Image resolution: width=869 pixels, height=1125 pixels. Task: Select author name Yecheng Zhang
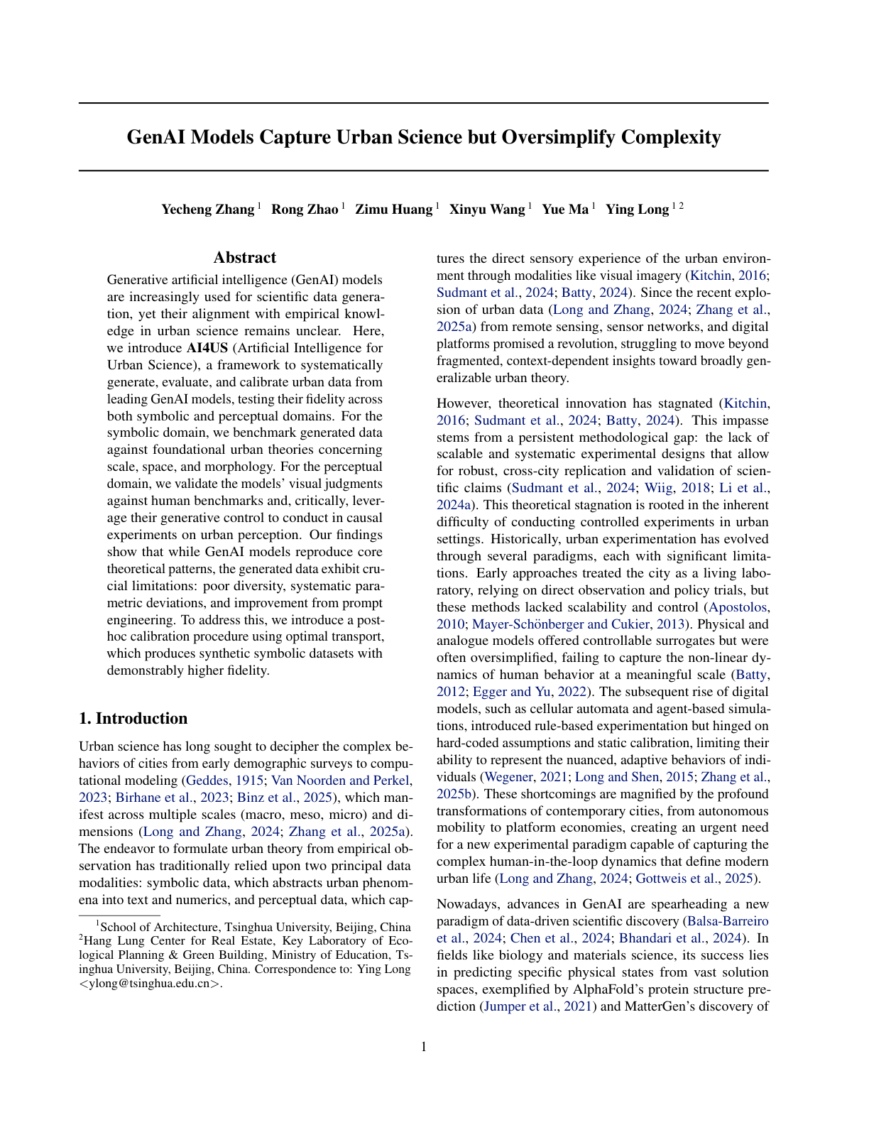[207, 210]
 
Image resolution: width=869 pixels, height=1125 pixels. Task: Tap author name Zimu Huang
[393, 210]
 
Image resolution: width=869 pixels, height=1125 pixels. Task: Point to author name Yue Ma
[565, 210]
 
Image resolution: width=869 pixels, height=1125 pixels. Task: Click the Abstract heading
[245, 258]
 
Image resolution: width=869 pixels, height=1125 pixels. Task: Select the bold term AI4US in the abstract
[206, 348]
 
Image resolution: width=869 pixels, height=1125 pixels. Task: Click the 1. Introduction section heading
[133, 718]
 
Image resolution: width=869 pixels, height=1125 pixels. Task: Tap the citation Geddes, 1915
[217, 781]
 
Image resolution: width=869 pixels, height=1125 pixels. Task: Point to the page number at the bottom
[424, 1047]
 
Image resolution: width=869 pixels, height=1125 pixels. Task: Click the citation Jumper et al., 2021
[538, 1006]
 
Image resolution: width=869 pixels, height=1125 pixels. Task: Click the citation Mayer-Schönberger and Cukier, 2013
[579, 624]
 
